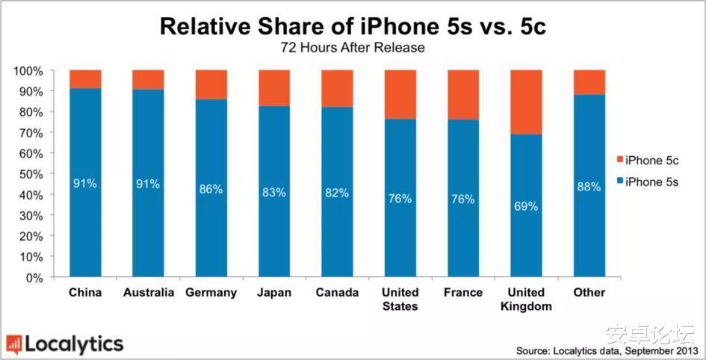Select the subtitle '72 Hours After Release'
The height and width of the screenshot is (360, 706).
click(352, 49)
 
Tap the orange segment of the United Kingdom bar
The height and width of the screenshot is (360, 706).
click(526, 102)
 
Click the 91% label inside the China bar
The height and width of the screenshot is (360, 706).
click(85, 183)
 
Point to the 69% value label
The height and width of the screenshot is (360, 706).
click(526, 206)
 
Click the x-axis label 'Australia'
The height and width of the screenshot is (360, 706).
click(148, 293)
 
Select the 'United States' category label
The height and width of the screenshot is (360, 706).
click(400, 300)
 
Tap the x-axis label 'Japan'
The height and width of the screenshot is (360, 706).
click(274, 293)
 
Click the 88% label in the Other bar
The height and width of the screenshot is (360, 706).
click(589, 187)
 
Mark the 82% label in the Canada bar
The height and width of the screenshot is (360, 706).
click(337, 193)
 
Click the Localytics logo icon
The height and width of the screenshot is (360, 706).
click(13, 344)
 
